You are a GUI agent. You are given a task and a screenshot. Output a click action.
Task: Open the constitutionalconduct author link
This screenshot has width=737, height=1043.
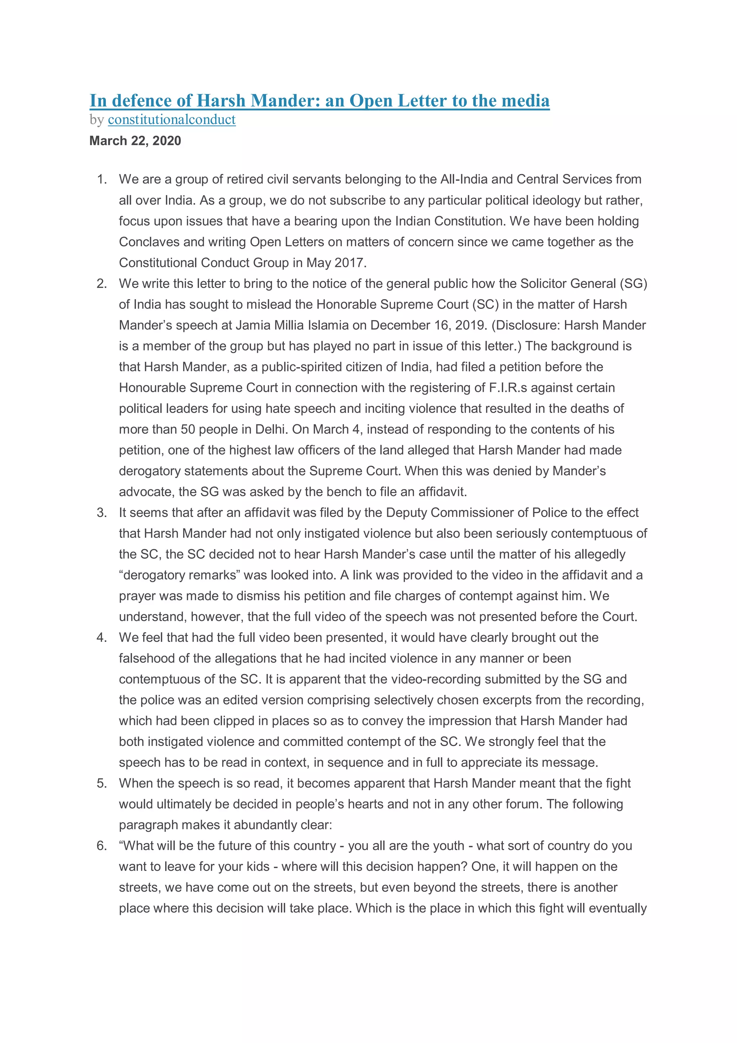[x=172, y=120]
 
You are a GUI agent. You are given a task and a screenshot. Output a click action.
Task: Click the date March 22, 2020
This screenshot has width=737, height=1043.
[x=135, y=141]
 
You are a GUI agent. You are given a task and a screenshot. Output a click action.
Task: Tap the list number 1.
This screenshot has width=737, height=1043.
[x=102, y=179]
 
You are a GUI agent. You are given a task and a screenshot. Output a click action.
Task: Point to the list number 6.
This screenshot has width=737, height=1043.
[x=102, y=845]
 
